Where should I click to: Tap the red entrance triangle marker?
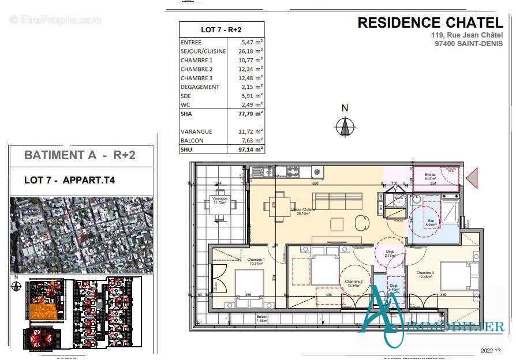pos(472,177)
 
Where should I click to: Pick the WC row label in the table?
pos(186,104)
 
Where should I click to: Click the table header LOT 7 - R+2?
pos(222,29)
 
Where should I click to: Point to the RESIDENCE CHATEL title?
pos(430,22)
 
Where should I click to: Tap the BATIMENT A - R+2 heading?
pos(80,155)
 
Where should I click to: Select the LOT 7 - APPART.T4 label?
pos(69,180)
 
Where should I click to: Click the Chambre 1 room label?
pos(256,261)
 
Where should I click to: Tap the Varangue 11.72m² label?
pos(220,200)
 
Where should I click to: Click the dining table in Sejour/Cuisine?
pos(278,206)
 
